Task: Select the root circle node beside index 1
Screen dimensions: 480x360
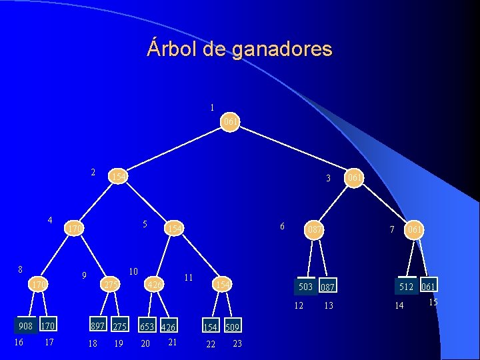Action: click(231, 122)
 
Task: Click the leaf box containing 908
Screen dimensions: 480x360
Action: click(26, 327)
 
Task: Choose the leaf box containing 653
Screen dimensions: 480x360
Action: click(147, 326)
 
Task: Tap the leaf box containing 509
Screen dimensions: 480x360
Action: click(232, 327)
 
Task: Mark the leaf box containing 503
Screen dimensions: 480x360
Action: click(306, 287)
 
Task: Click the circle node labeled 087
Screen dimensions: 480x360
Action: click(314, 230)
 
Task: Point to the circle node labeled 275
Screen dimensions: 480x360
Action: click(110, 285)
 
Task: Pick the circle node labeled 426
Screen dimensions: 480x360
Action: click(155, 285)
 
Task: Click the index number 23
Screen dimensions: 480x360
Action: click(237, 343)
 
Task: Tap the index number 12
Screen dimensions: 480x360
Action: click(299, 305)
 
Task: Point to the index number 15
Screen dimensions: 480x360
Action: click(433, 303)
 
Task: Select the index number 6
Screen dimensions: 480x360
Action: click(283, 226)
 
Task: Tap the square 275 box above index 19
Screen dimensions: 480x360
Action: click(119, 327)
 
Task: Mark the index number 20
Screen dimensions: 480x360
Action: click(145, 343)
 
